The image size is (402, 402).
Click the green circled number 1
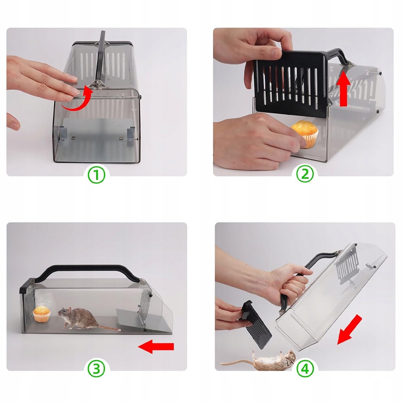coord(97,175)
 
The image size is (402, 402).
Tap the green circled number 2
coord(305,174)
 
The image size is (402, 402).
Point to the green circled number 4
coord(305,369)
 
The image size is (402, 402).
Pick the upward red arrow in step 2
coord(344,88)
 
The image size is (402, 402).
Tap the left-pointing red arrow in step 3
coord(156,347)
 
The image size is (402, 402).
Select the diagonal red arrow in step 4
coord(349,330)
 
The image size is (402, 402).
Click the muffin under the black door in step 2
coord(305,134)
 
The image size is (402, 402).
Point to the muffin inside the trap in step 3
coord(41,314)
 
